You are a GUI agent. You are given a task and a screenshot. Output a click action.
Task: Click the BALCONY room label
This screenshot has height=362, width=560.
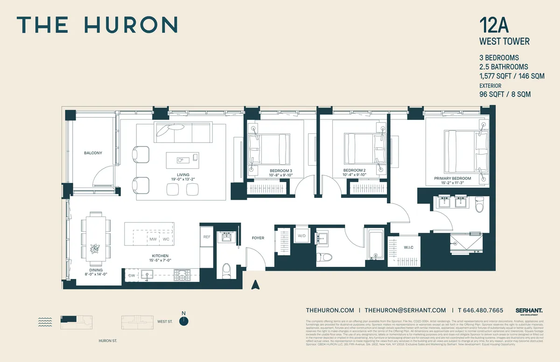tap(93, 153)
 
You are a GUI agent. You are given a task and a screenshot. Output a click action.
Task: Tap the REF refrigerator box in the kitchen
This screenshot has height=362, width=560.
tap(207, 237)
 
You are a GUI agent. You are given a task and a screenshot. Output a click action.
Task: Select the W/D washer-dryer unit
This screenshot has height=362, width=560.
tap(301, 236)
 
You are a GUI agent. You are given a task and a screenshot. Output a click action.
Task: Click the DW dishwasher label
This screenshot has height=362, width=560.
tap(132, 276)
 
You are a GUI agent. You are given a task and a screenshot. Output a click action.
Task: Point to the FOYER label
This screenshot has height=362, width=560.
tap(258, 238)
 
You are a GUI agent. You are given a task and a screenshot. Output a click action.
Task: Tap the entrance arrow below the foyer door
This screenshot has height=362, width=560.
tap(255, 285)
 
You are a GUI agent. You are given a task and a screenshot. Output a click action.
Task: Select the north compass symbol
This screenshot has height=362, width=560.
tap(185, 320)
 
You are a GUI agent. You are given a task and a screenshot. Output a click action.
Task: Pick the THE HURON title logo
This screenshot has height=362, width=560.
tap(97, 24)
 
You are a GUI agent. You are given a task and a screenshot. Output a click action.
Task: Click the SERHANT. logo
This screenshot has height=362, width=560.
tap(529, 310)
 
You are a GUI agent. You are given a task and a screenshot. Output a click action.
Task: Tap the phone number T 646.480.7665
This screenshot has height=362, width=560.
tap(481, 310)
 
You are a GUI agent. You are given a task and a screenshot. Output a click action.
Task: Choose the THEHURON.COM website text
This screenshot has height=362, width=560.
tap(330, 310)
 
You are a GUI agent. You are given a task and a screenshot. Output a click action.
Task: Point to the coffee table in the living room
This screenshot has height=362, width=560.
tap(182, 160)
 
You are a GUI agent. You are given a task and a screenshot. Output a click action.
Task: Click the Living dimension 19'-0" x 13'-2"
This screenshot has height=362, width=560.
tap(182, 178)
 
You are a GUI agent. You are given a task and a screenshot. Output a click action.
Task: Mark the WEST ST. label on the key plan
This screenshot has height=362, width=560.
tap(165, 321)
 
